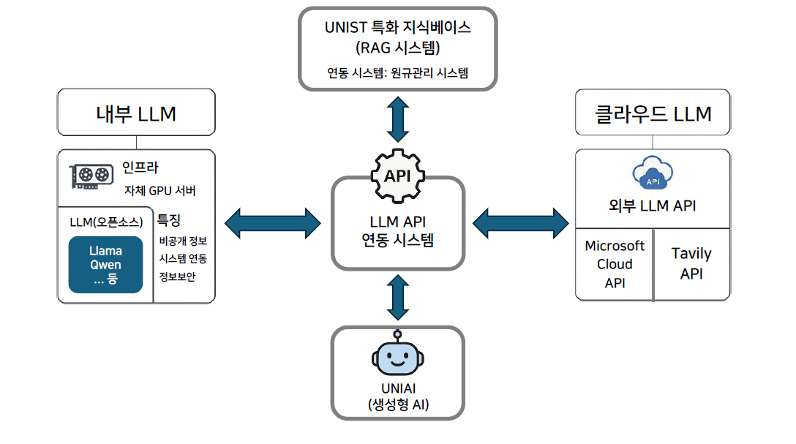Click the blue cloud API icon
coord(652,174)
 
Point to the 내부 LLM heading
coord(136,113)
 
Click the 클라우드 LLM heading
coord(653,114)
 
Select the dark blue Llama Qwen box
coord(105,265)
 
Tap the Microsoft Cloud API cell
coord(615,264)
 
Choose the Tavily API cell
coord(691,263)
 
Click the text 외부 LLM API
coord(653,206)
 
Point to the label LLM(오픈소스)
coord(107,222)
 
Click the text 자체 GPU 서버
coord(159,191)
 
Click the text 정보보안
coord(178,276)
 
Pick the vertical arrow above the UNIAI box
coord(397,298)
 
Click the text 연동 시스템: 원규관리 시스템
coord(397,73)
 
